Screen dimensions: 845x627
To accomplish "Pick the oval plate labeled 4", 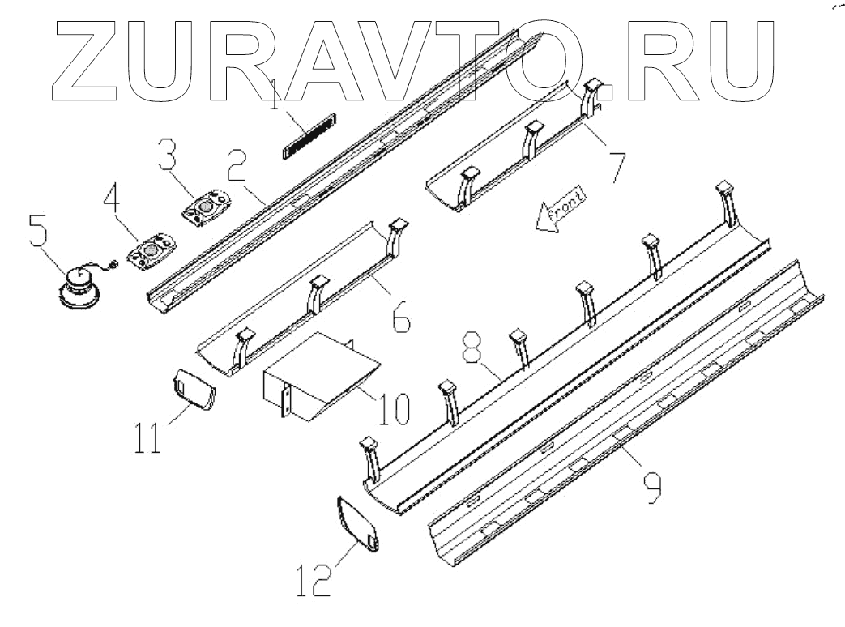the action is [152, 249].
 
